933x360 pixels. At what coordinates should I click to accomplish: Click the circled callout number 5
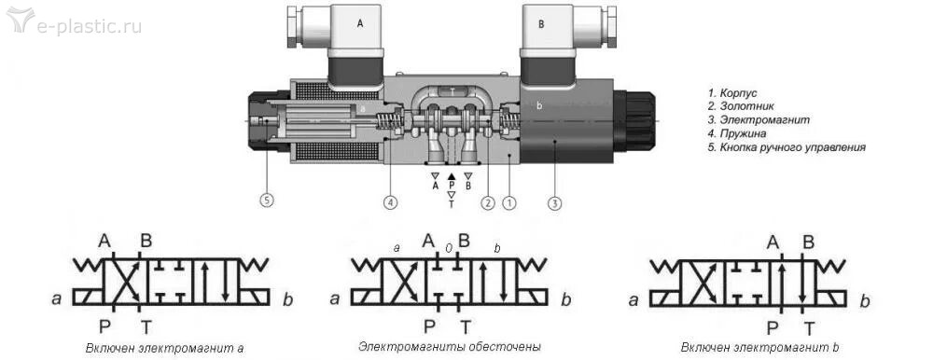point(267,201)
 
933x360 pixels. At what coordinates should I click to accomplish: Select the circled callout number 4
point(390,203)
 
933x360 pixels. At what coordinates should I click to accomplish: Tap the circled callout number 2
point(487,203)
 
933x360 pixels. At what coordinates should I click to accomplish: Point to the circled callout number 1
point(508,203)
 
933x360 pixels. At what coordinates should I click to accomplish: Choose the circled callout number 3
point(554,203)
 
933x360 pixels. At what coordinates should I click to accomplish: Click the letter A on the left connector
point(359,24)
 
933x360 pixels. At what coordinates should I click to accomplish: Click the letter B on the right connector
point(541,24)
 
